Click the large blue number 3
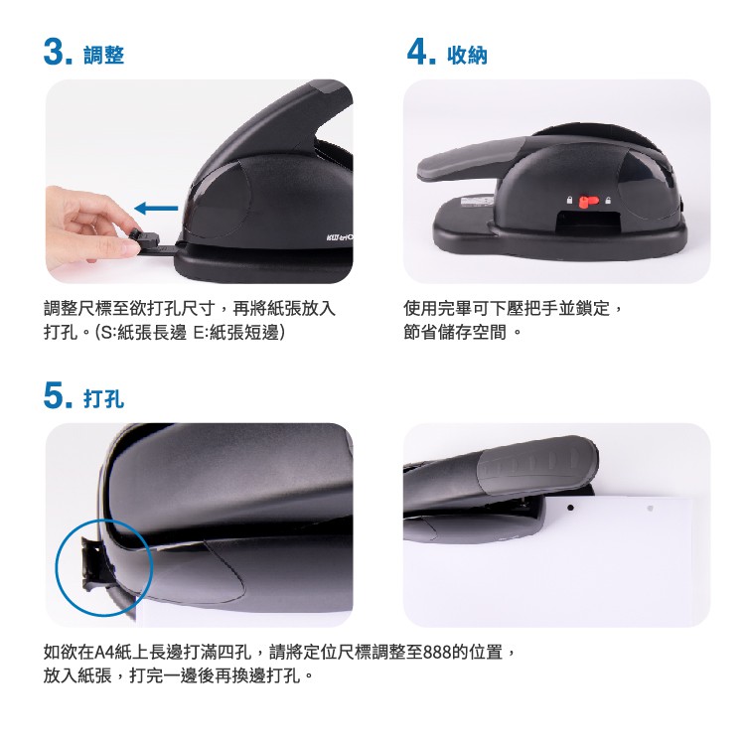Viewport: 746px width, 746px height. (55, 52)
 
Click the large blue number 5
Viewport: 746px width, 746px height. (55, 395)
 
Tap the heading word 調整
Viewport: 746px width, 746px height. (103, 55)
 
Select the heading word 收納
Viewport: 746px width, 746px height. (467, 55)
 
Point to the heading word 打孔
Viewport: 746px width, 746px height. (103, 398)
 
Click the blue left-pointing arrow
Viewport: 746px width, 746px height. (156, 208)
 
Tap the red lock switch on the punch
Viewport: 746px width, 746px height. (588, 202)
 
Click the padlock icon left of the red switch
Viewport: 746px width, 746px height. (569, 201)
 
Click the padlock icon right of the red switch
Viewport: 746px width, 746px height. (608, 201)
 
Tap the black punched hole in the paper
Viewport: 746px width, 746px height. (570, 509)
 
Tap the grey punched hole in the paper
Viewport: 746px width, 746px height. (650, 509)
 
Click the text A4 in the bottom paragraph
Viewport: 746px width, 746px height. (103, 652)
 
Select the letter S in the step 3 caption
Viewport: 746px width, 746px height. (106, 333)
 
